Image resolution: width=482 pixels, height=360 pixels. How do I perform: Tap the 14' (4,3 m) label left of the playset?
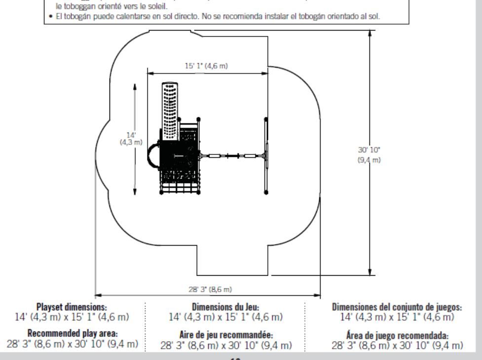click(131, 138)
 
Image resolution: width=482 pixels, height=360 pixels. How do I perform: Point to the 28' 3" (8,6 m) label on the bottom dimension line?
click(208, 289)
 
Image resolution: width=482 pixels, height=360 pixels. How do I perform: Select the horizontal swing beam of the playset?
click(232, 156)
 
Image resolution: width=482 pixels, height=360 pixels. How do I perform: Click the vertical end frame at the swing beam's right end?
click(266, 155)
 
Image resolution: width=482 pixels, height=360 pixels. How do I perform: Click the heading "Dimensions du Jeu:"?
click(225, 307)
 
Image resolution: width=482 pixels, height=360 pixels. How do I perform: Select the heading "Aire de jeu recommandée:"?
click(225, 335)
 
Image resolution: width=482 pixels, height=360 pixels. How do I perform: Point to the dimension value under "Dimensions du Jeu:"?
click(225, 316)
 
